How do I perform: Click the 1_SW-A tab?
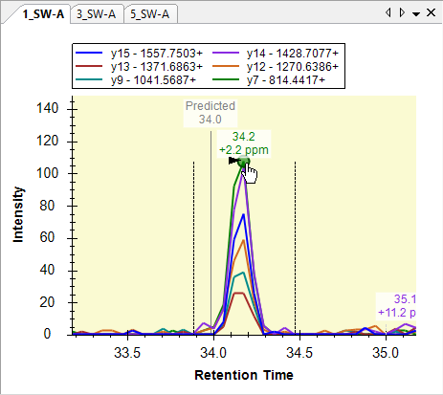pyautogui.click(x=43, y=14)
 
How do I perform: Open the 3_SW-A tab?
pyautogui.click(x=96, y=14)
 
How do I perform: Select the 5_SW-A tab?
pyautogui.click(x=149, y=14)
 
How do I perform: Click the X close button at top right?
pyautogui.click(x=431, y=12)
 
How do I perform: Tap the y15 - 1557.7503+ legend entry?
pyautogui.click(x=139, y=53)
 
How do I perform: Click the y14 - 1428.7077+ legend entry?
pyautogui.click(x=275, y=53)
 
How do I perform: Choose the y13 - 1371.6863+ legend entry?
pyautogui.click(x=139, y=66)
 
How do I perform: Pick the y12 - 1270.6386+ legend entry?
pyautogui.click(x=275, y=66)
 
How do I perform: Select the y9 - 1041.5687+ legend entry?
pyautogui.click(x=136, y=79)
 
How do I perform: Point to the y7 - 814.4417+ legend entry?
pyautogui.click(x=268, y=79)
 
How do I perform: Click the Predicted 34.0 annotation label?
pyautogui.click(x=210, y=113)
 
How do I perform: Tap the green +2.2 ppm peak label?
pyautogui.click(x=244, y=150)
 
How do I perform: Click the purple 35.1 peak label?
pyautogui.click(x=405, y=299)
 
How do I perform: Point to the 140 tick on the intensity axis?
pyautogui.click(x=48, y=108)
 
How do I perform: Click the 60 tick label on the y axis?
pyautogui.click(x=47, y=237)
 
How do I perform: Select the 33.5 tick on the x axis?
pyautogui.click(x=127, y=353)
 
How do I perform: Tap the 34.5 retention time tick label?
pyautogui.click(x=299, y=353)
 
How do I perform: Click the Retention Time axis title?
pyautogui.click(x=244, y=375)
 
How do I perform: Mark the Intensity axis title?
pyautogui.click(x=18, y=214)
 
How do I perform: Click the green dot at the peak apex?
pyautogui.click(x=244, y=162)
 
